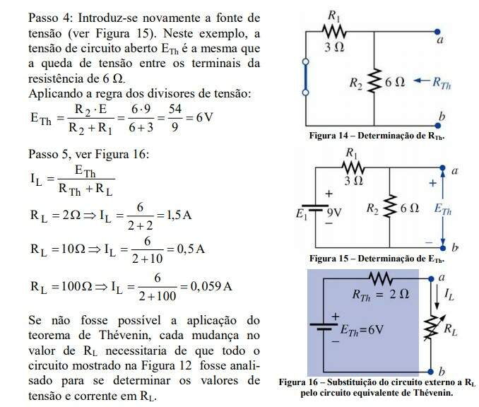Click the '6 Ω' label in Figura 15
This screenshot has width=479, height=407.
pyautogui.click(x=408, y=208)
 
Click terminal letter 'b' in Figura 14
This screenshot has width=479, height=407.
pyautogui.click(x=442, y=115)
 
